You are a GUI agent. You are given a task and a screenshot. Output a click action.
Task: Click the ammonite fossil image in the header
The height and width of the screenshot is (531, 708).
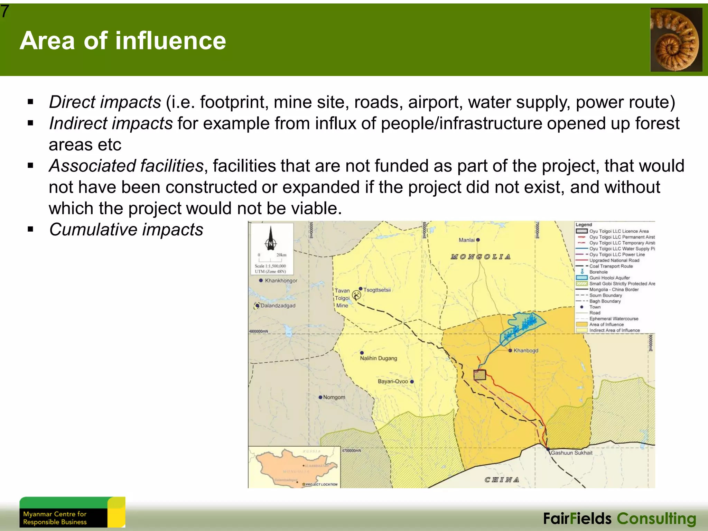click(x=676, y=40)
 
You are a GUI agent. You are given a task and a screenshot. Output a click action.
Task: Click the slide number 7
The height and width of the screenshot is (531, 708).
click(x=5, y=11)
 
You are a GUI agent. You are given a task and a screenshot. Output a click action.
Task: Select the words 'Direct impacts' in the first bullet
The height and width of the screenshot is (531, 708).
click(x=105, y=102)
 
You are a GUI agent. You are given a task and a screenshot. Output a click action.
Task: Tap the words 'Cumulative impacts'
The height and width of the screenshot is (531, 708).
click(x=126, y=230)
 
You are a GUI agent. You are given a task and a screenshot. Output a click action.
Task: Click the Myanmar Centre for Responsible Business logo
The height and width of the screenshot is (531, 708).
click(x=72, y=512)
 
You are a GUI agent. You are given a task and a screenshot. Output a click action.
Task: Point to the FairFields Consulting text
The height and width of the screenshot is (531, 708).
click(x=619, y=519)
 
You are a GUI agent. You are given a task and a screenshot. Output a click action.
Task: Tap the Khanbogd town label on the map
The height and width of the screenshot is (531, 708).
click(x=525, y=351)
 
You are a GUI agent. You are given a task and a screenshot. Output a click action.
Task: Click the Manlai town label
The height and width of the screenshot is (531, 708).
click(x=467, y=240)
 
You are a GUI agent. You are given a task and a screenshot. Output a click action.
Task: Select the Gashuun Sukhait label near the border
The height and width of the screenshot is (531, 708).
click(x=571, y=453)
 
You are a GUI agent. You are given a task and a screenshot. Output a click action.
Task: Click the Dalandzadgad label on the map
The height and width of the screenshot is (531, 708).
click(x=278, y=306)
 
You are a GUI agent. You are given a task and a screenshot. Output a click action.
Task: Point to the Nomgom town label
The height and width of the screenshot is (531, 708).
click(x=334, y=397)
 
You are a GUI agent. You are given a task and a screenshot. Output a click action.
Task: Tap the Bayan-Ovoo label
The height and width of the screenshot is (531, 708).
click(x=393, y=381)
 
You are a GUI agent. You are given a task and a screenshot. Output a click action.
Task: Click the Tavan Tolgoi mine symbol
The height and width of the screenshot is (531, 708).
click(x=356, y=295)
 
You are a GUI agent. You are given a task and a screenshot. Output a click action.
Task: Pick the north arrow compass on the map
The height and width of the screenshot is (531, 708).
click(x=271, y=239)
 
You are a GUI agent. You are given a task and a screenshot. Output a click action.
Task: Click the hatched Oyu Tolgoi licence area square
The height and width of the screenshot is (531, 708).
click(x=479, y=375)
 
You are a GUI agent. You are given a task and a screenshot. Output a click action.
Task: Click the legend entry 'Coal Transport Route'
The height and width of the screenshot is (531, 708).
click(x=611, y=266)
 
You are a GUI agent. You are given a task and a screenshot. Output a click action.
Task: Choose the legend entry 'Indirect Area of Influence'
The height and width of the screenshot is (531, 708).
click(x=614, y=330)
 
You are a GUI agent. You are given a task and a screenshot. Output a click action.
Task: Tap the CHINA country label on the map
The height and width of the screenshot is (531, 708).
click(x=502, y=479)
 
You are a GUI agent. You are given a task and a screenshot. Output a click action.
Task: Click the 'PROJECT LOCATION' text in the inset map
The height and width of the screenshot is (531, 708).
click(x=321, y=484)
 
